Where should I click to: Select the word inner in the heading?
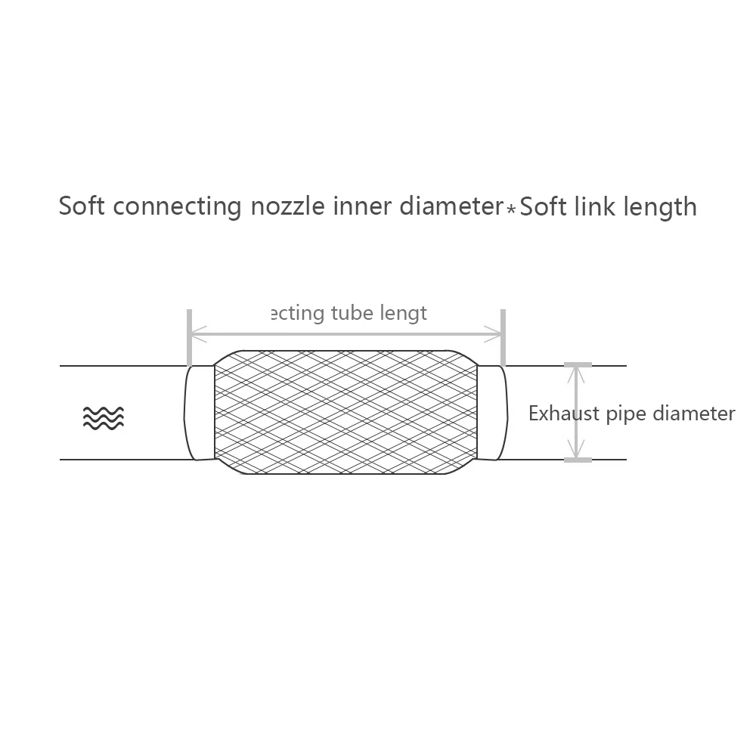click(x=359, y=206)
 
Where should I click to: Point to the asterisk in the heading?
click(x=511, y=209)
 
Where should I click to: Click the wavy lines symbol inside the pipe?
click(x=104, y=417)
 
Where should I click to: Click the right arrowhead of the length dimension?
click(x=497, y=332)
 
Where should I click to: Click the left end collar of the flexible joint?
click(x=200, y=413)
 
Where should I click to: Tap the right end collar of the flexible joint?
click(x=491, y=413)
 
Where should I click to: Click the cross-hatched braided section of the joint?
click(x=345, y=413)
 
